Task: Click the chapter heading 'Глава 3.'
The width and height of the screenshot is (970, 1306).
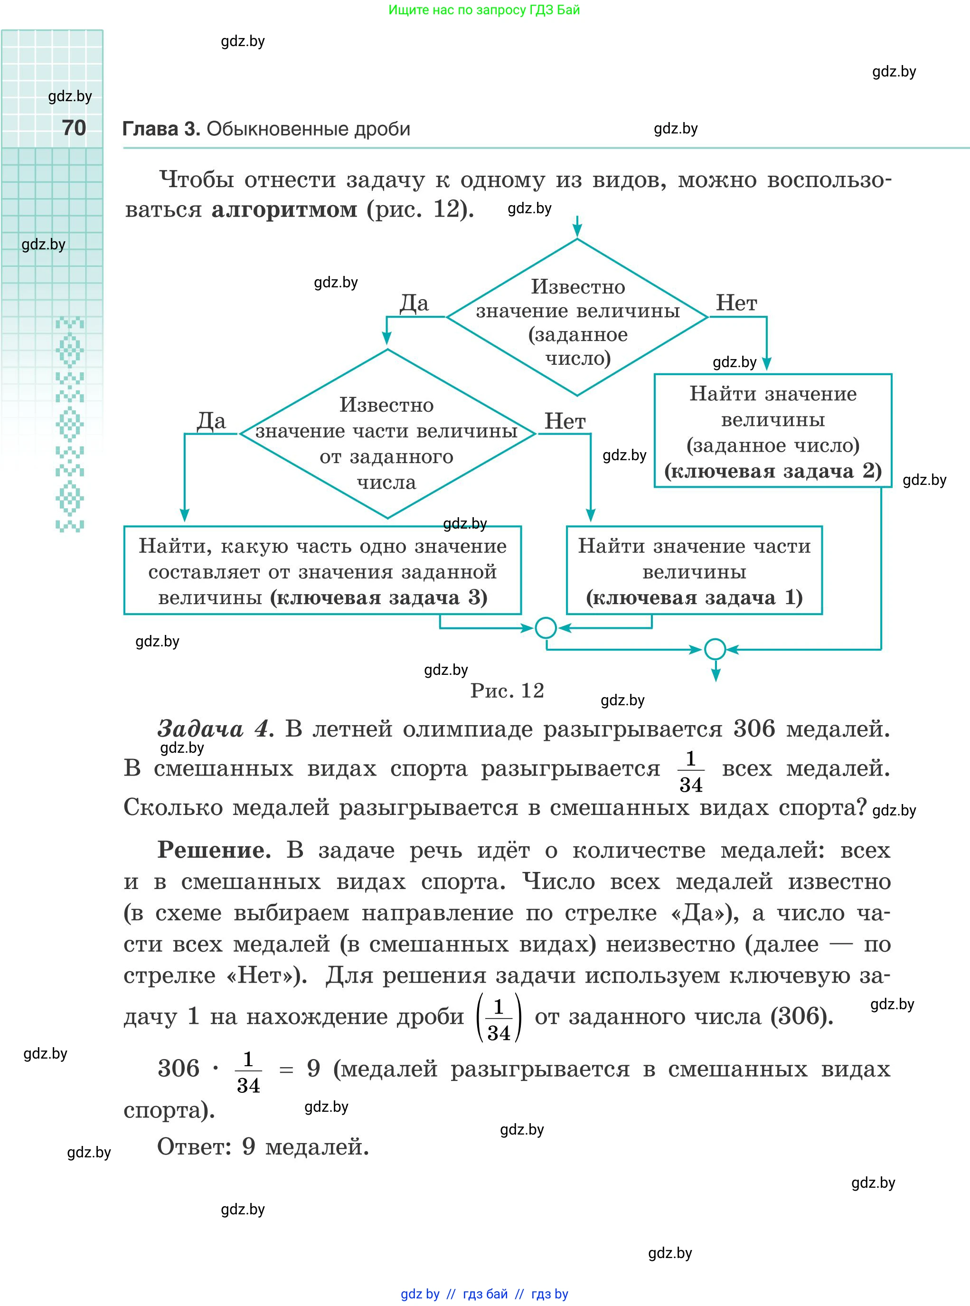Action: (161, 129)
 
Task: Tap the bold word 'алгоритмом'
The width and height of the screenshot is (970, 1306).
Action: (284, 209)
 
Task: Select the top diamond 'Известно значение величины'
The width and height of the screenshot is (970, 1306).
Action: (577, 317)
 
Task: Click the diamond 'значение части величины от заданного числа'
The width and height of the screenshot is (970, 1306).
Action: (387, 435)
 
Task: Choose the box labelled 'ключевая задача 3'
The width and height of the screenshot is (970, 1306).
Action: (322, 570)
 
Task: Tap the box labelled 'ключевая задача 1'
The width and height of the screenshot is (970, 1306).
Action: (694, 570)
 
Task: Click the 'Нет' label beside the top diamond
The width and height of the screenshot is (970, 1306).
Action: (736, 303)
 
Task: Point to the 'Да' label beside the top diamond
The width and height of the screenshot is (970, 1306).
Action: (414, 303)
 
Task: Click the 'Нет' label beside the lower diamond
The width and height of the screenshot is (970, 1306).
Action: (565, 421)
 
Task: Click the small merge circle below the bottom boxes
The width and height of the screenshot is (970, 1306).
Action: (546, 628)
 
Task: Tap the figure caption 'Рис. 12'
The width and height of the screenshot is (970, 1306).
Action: (507, 691)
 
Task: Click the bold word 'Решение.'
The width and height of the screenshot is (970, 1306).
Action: (214, 850)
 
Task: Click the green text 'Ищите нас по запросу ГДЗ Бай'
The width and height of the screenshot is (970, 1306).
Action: (484, 10)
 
